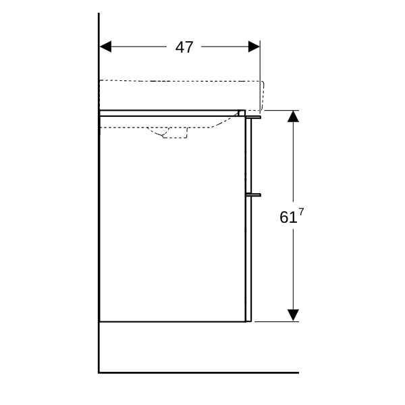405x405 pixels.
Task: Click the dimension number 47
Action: click(184, 47)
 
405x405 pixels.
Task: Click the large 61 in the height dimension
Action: click(288, 217)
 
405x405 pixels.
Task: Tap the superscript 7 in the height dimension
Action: click(301, 213)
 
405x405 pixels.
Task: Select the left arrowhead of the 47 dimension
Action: click(105, 47)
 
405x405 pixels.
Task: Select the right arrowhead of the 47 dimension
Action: click(254, 47)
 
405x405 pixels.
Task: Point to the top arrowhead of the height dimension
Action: click(293, 116)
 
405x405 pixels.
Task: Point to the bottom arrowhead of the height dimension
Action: click(293, 315)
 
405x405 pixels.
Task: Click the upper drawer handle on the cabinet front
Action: click(253, 117)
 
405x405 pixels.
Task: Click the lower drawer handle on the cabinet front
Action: click(253, 195)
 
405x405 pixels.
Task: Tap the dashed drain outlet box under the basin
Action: click(175, 133)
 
